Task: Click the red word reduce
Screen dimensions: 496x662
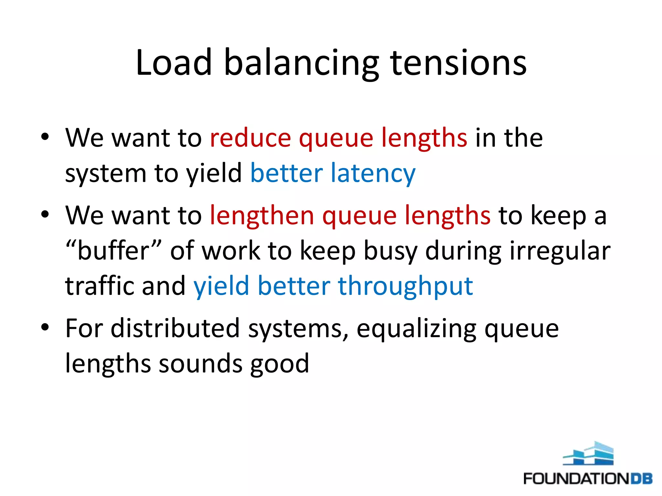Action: coord(251,138)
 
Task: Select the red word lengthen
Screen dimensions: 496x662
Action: coord(262,216)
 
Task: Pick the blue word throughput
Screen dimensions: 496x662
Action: coord(405,286)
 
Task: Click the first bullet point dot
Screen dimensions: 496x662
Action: coord(45,137)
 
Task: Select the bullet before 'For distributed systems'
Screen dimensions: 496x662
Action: coord(45,327)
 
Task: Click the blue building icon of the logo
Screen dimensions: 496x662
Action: coord(588,454)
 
